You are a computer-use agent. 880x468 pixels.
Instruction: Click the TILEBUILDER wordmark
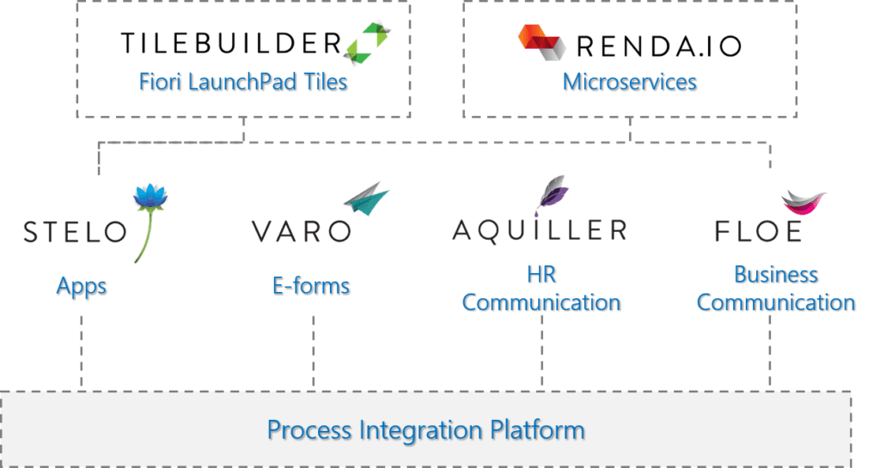[231, 43]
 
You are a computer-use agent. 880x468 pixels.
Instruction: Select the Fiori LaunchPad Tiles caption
[243, 82]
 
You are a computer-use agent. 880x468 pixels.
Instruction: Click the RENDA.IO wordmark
[659, 46]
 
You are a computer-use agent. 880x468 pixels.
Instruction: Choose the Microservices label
[630, 82]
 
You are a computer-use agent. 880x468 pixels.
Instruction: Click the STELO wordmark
[76, 232]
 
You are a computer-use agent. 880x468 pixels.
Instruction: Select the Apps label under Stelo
[82, 287]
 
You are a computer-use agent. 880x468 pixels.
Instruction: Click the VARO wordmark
[302, 231]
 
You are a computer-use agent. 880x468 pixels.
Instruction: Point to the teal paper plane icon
[366, 198]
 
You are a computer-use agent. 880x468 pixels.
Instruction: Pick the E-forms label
[311, 286]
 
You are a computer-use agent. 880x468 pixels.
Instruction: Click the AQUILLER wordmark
[540, 231]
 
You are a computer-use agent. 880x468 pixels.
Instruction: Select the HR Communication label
[541, 289]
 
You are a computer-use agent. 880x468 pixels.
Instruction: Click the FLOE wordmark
[759, 232]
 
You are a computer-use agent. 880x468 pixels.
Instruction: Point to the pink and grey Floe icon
[804, 203]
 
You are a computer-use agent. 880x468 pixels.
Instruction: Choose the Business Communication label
[776, 289]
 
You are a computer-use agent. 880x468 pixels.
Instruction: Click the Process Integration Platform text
[426, 430]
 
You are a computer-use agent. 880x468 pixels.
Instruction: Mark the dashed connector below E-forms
[313, 352]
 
